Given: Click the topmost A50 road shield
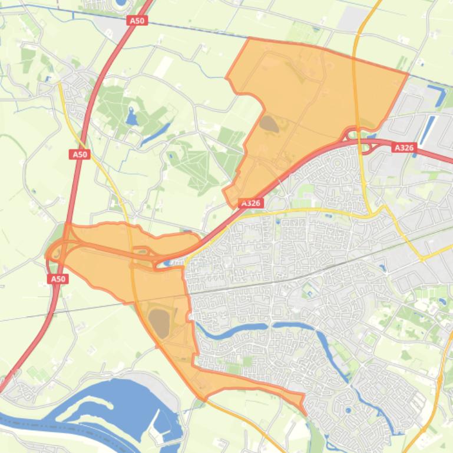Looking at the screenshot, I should pos(137,21).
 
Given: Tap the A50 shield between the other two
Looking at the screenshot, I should pos(80,154).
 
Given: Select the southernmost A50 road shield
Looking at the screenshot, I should pos(58,279).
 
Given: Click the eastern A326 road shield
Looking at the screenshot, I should pos(404,148).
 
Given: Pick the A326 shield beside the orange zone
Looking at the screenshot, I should pos(251,203).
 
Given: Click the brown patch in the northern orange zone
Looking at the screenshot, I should pos(269,124).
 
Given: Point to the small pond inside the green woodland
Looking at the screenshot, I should pos(131,117).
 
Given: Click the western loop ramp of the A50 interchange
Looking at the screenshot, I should pos(55,254).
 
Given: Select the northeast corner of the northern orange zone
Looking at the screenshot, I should pos(408,74).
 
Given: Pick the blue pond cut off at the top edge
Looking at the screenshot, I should pos(121,2).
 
